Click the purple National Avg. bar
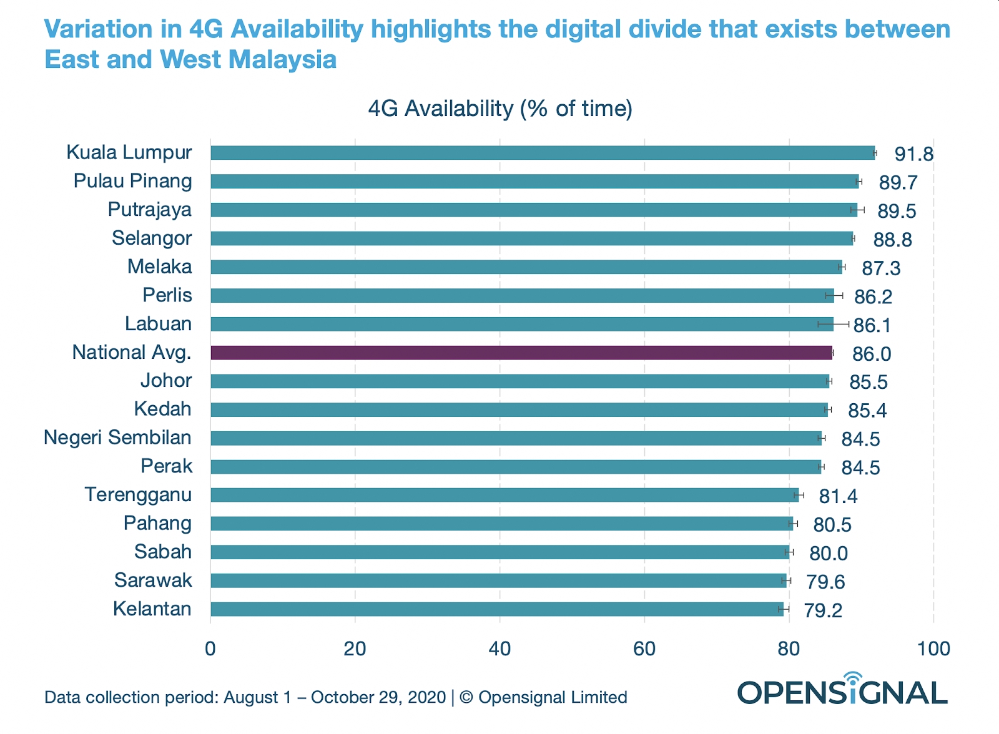tap(521, 353)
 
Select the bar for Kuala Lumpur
tap(543, 153)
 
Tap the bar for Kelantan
tap(496, 609)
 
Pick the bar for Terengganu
tap(504, 495)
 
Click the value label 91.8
tap(913, 154)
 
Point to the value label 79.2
tap(823, 610)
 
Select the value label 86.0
tap(872, 355)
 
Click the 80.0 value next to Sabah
tap(829, 554)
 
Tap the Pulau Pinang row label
tap(132, 181)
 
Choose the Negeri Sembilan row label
tap(117, 438)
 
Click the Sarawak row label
tap(153, 580)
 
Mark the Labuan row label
tap(159, 324)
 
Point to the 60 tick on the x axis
tap(644, 649)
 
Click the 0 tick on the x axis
tap(210, 649)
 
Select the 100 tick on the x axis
tap(933, 649)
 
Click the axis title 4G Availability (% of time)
tap(500, 109)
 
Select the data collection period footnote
tap(335, 697)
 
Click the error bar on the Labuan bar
tap(834, 324)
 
